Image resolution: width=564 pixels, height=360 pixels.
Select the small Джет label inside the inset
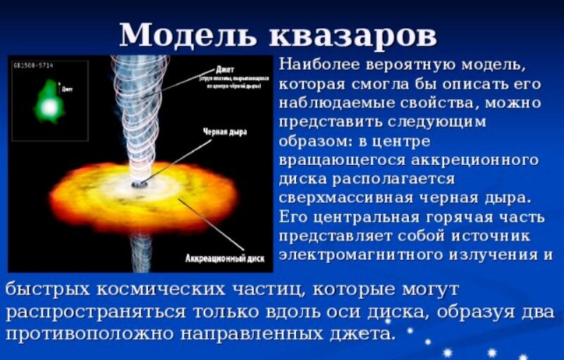(67, 89)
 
